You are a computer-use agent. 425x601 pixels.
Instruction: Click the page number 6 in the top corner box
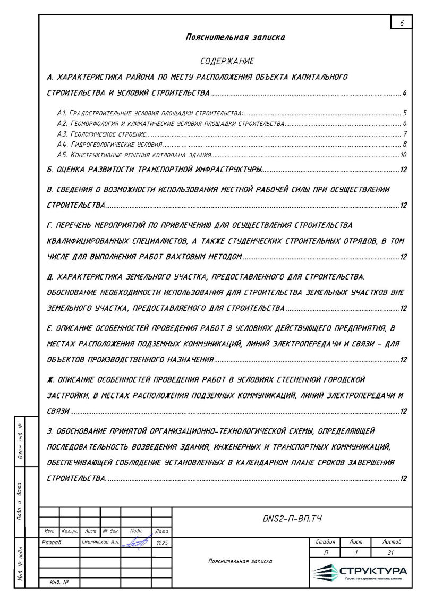point(402,23)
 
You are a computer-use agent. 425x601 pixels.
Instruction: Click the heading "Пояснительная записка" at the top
point(235,37)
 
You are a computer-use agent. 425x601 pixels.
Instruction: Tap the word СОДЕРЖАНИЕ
point(227,62)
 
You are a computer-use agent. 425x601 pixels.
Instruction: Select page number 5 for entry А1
point(404,113)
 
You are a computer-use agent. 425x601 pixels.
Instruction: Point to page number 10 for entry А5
point(403,155)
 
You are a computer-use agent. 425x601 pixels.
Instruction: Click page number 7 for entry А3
point(404,134)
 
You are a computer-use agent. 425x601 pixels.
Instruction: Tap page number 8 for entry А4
point(404,144)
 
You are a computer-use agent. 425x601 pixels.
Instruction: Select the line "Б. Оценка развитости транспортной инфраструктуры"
point(154,170)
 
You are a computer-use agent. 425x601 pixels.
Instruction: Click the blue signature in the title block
point(137,543)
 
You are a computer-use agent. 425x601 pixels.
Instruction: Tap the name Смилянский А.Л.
point(100,543)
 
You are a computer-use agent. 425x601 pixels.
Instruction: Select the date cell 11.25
point(161,543)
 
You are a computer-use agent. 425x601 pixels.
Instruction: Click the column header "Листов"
point(392,542)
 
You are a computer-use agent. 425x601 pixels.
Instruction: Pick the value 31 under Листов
point(392,553)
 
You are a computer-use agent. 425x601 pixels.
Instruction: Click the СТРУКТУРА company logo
point(361,572)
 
